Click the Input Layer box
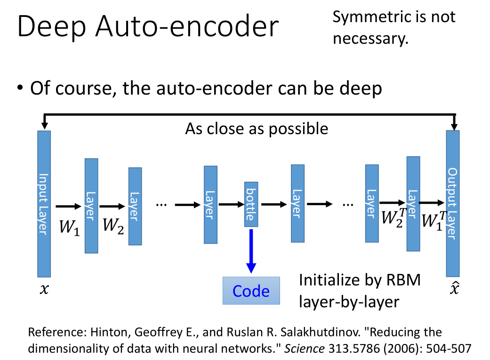[44, 203]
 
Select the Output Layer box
[452, 203]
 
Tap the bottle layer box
[251, 204]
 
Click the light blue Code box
[251, 291]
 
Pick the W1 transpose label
[434, 220]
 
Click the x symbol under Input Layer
[44, 289]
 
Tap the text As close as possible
[257, 128]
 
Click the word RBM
[402, 280]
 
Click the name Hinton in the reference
[113, 332]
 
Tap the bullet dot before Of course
[20, 88]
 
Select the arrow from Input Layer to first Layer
[68, 206]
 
